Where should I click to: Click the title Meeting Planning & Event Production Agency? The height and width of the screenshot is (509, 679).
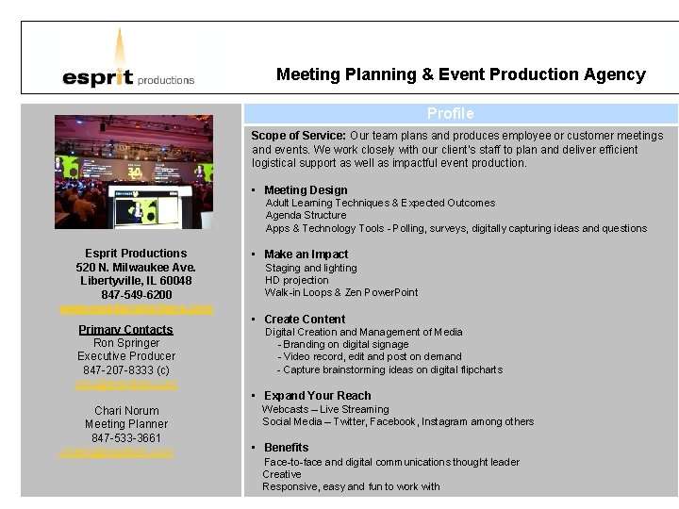click(x=460, y=74)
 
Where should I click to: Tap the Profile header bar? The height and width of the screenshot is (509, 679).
click(x=450, y=113)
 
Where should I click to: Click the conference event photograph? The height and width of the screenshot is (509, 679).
click(x=134, y=172)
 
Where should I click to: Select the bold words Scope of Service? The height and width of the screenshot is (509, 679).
click(x=298, y=136)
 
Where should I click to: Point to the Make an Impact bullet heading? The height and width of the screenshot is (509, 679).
click(x=306, y=254)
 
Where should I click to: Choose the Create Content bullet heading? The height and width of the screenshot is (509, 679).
click(x=305, y=320)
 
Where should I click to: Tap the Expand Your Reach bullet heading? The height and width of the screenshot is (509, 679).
click(x=317, y=396)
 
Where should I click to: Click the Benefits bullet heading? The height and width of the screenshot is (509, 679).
click(x=286, y=448)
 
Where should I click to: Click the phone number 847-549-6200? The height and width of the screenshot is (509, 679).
click(x=136, y=295)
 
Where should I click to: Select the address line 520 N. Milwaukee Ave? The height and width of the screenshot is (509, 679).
click(x=136, y=268)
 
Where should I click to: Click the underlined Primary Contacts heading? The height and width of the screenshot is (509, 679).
click(x=125, y=330)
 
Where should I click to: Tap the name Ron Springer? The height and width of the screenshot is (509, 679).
click(x=126, y=343)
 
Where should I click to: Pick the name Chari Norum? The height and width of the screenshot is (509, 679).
click(x=126, y=411)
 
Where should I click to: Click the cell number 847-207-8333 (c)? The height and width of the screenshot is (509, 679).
click(x=126, y=370)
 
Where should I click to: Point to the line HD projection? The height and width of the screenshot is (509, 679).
click(x=297, y=280)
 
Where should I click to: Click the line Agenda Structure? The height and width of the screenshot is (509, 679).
click(x=306, y=215)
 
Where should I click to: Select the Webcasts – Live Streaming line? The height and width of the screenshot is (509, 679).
click(x=325, y=409)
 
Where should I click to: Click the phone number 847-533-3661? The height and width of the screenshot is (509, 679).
click(x=126, y=438)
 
